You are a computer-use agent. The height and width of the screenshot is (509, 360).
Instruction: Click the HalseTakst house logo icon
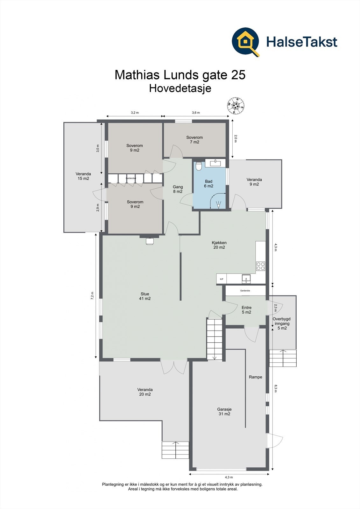[x=246, y=42]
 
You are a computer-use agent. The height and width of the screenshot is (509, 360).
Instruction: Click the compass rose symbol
[x=236, y=105]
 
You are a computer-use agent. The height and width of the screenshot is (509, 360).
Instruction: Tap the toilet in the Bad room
[x=199, y=166]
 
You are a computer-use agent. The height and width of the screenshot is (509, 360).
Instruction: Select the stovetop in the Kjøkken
[x=261, y=266]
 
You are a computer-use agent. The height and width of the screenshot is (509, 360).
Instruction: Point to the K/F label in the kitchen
[x=222, y=279]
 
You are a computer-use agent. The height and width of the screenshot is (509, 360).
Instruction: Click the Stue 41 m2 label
[x=145, y=296]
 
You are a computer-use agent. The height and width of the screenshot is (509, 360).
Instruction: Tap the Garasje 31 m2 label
[x=224, y=412]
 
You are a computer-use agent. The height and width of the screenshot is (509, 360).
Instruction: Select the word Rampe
[x=256, y=377]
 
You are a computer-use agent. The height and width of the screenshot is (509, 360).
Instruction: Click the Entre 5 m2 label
[x=246, y=310]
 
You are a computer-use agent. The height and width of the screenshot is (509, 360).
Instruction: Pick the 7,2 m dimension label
[x=92, y=296]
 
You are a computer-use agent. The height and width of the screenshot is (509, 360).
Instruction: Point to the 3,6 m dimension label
[x=196, y=113]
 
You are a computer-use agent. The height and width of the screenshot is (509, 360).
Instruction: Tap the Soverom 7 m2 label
[x=194, y=140]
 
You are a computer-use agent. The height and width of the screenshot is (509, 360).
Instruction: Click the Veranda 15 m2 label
[x=83, y=176]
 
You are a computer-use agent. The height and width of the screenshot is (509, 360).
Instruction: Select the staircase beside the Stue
[x=215, y=339]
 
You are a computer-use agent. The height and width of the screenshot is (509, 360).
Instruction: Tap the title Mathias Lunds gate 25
[x=180, y=75]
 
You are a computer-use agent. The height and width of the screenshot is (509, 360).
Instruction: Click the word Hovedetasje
[x=180, y=88]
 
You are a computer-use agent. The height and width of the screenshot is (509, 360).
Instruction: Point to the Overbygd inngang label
[x=282, y=323]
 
